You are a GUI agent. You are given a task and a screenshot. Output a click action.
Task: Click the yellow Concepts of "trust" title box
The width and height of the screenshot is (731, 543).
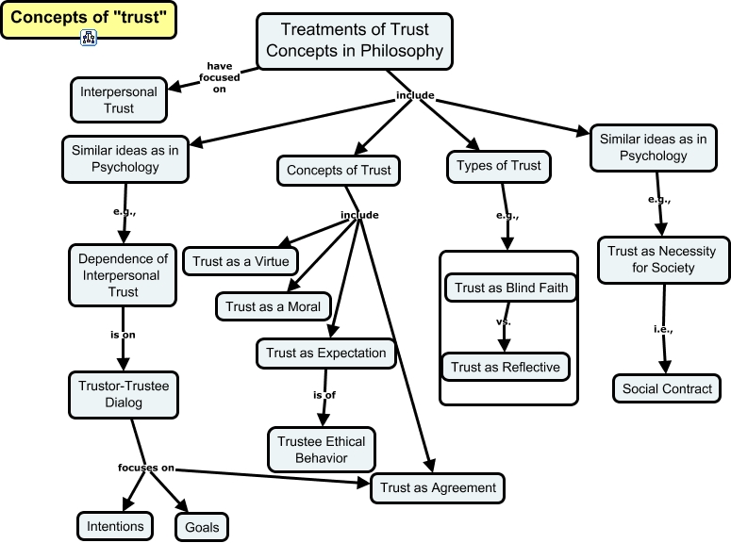(88, 19)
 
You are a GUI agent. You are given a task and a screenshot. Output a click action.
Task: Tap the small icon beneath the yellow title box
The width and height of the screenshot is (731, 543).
(90, 38)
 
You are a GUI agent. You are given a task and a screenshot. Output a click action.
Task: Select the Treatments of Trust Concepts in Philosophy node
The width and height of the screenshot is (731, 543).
(354, 41)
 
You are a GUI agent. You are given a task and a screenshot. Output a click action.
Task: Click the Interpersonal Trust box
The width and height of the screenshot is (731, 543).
(119, 100)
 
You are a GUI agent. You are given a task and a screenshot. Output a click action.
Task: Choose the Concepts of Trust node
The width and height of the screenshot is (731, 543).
(339, 171)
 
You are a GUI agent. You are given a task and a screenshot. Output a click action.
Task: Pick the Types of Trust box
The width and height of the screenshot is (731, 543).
(498, 166)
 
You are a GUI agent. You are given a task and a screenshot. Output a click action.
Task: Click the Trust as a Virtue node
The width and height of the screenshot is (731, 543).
(241, 261)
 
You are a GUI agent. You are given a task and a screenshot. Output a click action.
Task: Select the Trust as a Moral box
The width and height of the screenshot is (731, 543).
(274, 306)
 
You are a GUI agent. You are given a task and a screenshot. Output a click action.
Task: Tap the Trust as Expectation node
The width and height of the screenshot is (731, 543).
(325, 354)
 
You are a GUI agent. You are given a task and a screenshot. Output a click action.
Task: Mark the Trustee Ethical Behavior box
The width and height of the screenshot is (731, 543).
(321, 450)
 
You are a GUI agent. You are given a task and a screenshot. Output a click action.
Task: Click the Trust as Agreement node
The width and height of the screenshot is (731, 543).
(438, 487)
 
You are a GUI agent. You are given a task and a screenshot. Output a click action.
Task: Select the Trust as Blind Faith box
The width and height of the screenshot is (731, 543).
(511, 288)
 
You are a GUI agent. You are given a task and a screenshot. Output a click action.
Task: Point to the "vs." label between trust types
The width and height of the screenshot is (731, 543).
(503, 321)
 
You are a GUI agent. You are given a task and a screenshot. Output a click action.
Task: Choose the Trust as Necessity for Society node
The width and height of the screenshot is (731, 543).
(661, 259)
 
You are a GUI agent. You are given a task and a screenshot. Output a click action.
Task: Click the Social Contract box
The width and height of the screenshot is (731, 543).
(666, 388)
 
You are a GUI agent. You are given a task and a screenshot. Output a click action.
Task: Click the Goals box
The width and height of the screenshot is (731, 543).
(202, 527)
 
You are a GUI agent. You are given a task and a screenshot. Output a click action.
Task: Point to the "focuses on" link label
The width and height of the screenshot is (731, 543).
(146, 468)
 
